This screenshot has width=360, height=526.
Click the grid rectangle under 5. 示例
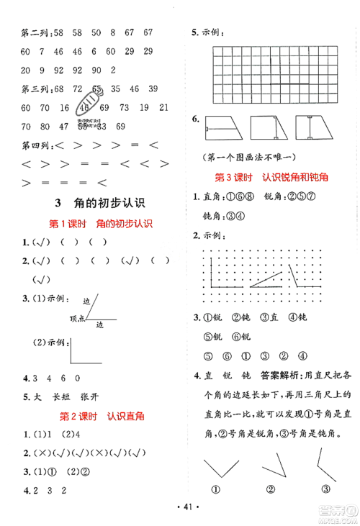tap(274, 72)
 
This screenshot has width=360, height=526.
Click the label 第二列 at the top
tap(33, 33)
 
